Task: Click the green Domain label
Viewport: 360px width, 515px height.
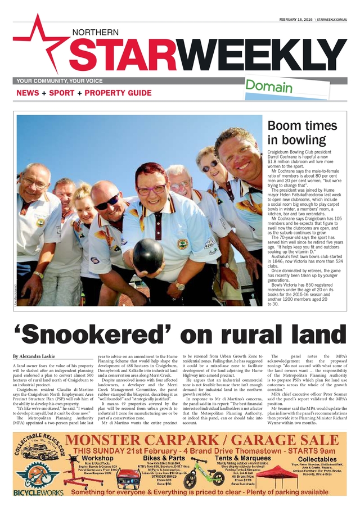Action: coord(269,87)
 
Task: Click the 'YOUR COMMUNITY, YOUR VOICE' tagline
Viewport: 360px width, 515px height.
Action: coord(60,81)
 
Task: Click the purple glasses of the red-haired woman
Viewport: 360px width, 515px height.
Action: coord(151,190)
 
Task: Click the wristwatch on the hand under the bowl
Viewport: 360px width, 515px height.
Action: coord(180,286)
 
